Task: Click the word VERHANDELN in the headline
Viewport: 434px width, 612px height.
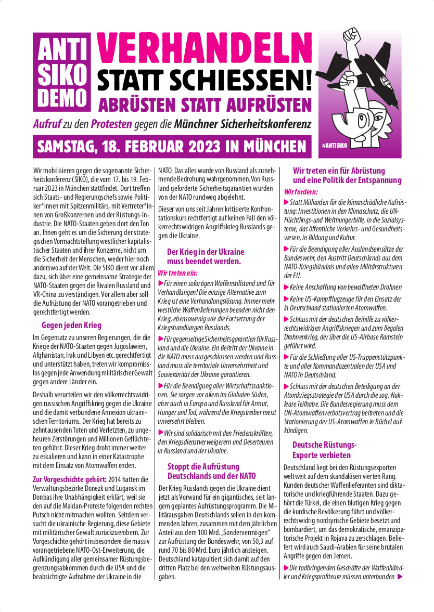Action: tap(205, 49)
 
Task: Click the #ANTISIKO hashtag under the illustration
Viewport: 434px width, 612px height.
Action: tap(334, 146)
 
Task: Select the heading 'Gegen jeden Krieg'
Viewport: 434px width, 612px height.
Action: tap(71, 325)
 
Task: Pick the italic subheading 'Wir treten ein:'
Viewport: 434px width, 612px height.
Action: tap(178, 272)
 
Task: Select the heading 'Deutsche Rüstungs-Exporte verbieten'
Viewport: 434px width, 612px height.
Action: tap(324, 450)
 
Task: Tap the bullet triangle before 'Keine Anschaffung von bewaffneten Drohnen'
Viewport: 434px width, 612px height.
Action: tap(286, 287)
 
